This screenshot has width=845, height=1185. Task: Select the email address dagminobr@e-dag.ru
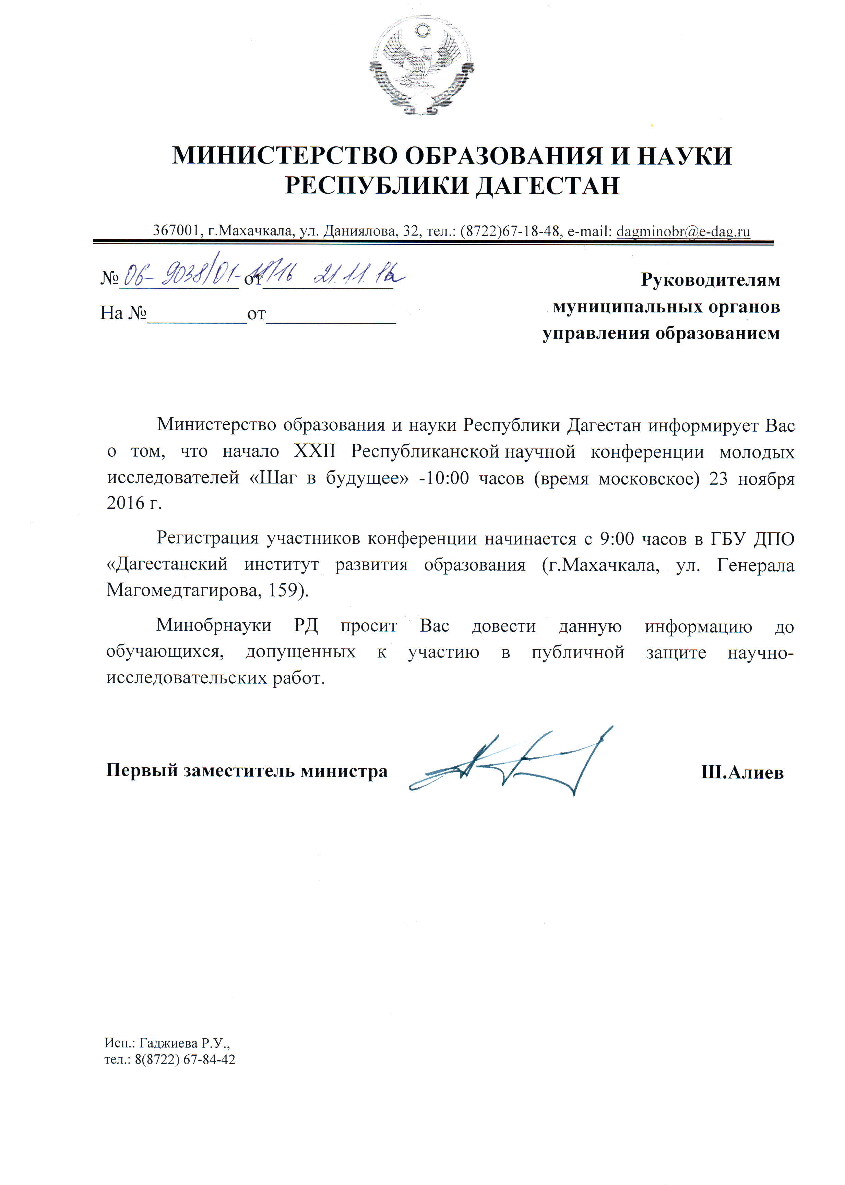coord(683,231)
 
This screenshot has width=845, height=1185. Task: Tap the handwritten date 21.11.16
coord(359,275)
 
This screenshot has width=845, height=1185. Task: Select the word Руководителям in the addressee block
coord(710,280)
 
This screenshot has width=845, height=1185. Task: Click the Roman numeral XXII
coord(315,451)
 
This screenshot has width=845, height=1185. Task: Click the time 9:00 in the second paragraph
coord(617,538)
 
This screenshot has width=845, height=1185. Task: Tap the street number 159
coord(286,590)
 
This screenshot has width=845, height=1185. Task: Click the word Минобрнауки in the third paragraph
coord(213,625)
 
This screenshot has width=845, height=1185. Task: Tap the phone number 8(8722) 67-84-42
coord(185,1060)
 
